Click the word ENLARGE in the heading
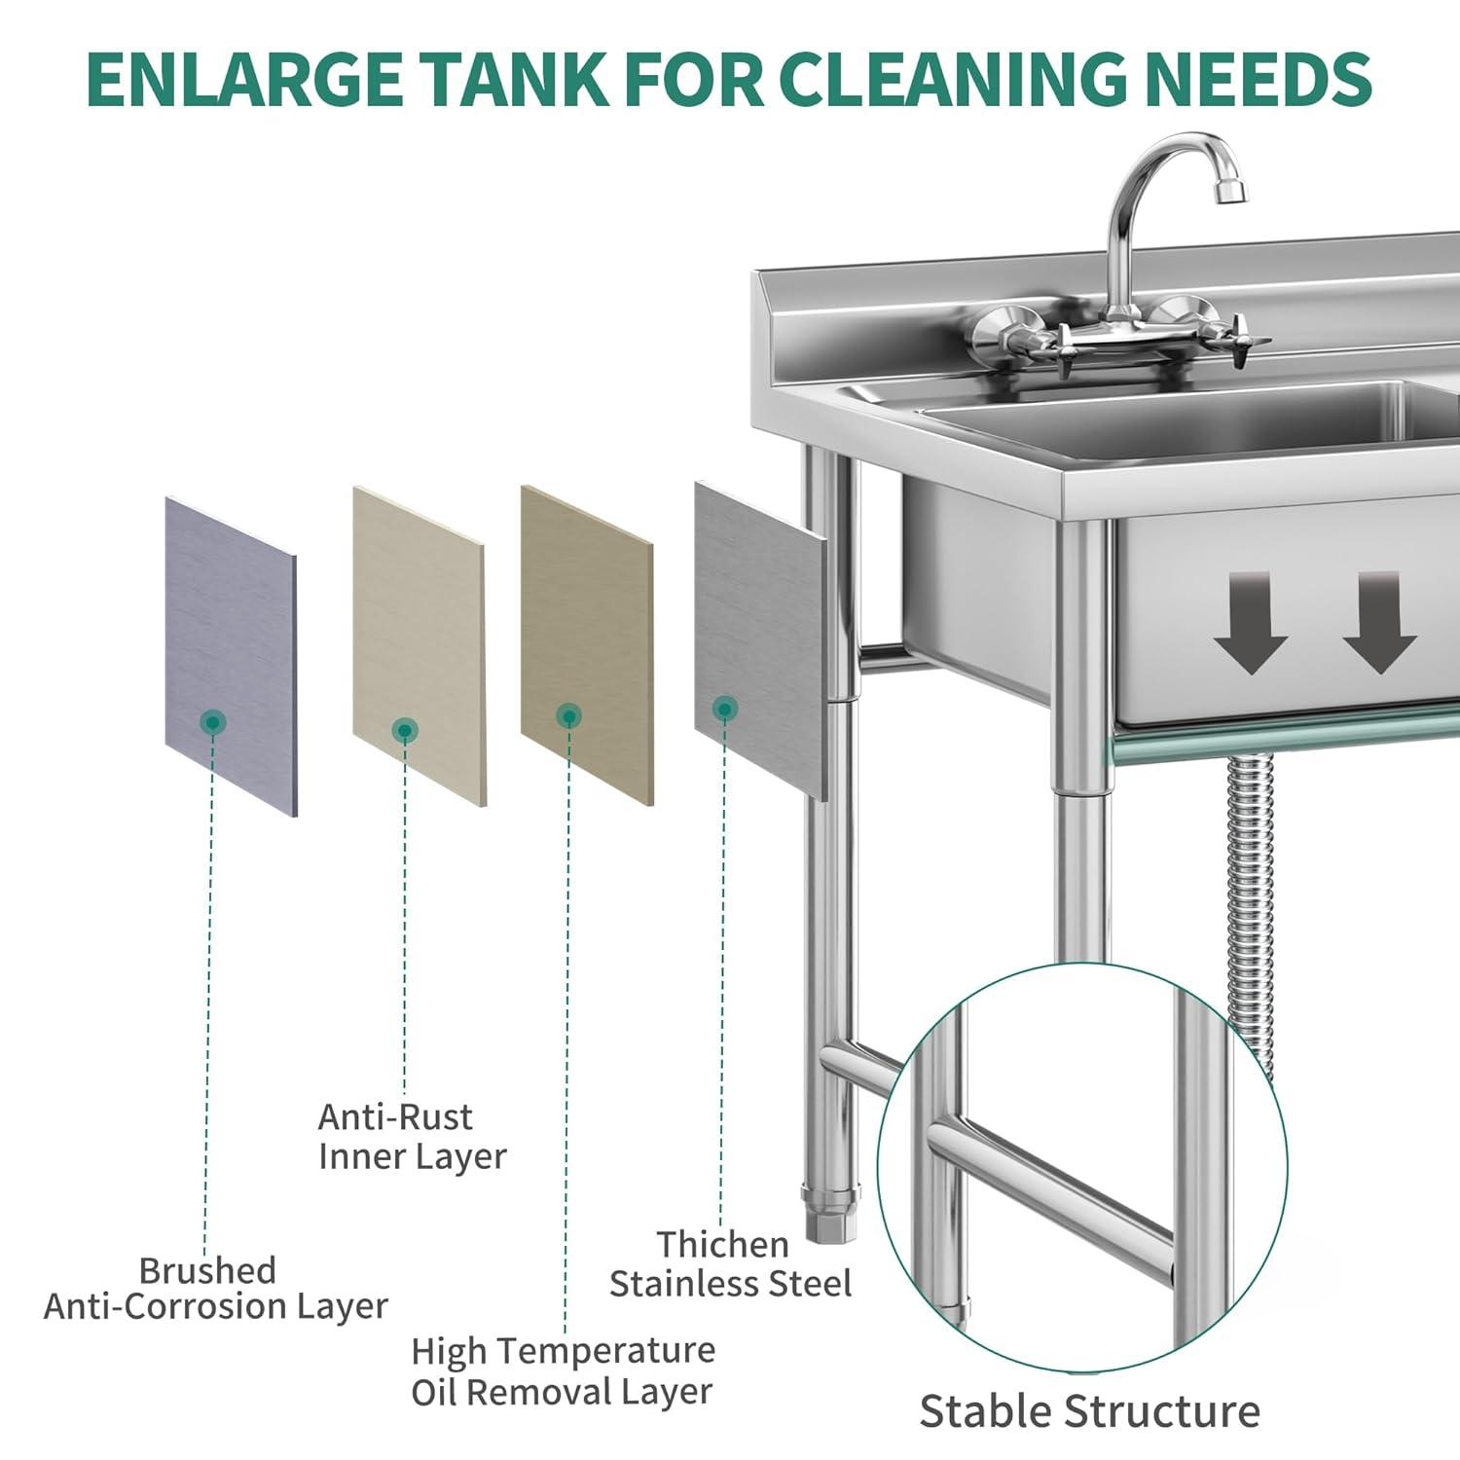click(245, 79)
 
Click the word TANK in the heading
click(515, 79)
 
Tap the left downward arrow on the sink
click(1252, 623)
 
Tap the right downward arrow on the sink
click(1380, 623)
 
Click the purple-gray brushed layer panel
click(231, 656)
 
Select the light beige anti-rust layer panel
click(419, 646)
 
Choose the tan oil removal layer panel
click(587, 645)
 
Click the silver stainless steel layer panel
click(760, 640)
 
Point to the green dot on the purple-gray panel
click(212, 722)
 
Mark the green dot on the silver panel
click(724, 709)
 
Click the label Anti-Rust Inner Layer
click(412, 1137)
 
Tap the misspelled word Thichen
click(722, 1244)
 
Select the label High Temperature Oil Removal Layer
click(563, 1371)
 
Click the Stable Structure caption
click(1089, 1411)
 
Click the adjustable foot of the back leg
click(829, 1213)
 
